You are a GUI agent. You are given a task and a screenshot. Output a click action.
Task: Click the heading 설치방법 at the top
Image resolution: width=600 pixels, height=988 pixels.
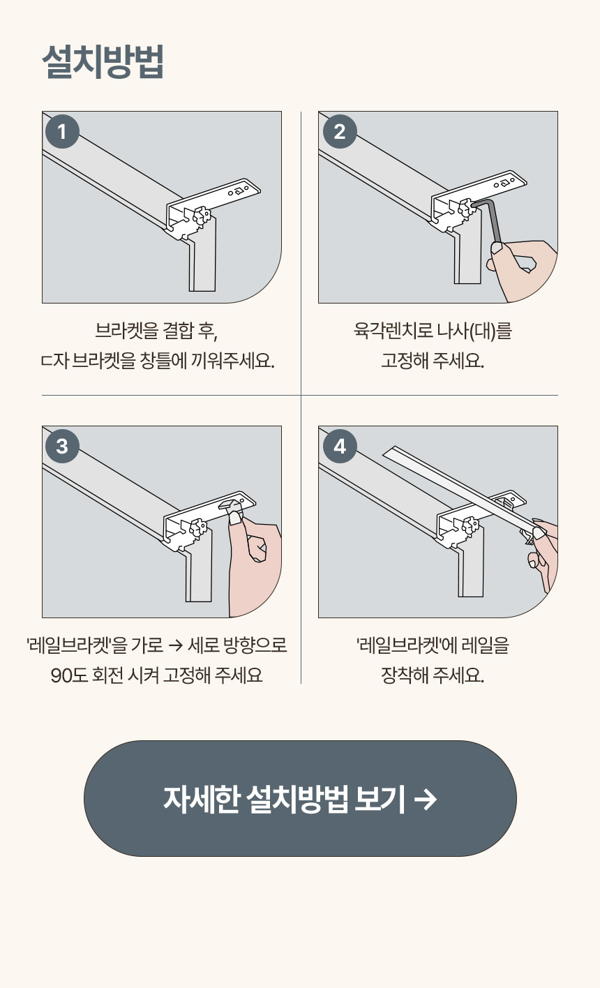(x=103, y=61)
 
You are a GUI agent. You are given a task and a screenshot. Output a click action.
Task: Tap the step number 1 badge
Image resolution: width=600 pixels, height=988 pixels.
(x=62, y=131)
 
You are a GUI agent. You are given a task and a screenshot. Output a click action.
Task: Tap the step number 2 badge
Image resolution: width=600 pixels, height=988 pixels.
(x=339, y=131)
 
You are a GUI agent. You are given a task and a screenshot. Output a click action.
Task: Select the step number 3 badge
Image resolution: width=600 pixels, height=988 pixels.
(x=62, y=446)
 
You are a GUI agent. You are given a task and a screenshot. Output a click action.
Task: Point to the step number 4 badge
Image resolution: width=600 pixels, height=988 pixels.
(x=339, y=446)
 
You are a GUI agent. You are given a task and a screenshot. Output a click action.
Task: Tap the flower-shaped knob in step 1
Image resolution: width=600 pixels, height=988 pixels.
(x=202, y=216)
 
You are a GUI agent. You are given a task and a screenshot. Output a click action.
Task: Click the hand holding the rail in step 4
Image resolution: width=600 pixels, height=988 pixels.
(x=543, y=551)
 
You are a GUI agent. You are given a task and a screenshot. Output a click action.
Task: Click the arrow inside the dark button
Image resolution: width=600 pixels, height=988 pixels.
(x=426, y=799)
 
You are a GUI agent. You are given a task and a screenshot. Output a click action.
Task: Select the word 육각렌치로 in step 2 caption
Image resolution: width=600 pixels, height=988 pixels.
(x=393, y=330)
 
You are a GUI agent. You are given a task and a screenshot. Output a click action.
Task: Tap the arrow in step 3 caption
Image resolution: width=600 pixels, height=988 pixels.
(x=175, y=645)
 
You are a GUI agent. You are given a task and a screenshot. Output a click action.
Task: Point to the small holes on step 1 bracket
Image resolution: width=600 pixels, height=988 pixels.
(x=239, y=191)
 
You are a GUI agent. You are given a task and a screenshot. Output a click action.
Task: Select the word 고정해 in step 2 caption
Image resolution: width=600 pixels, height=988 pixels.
(x=404, y=361)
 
